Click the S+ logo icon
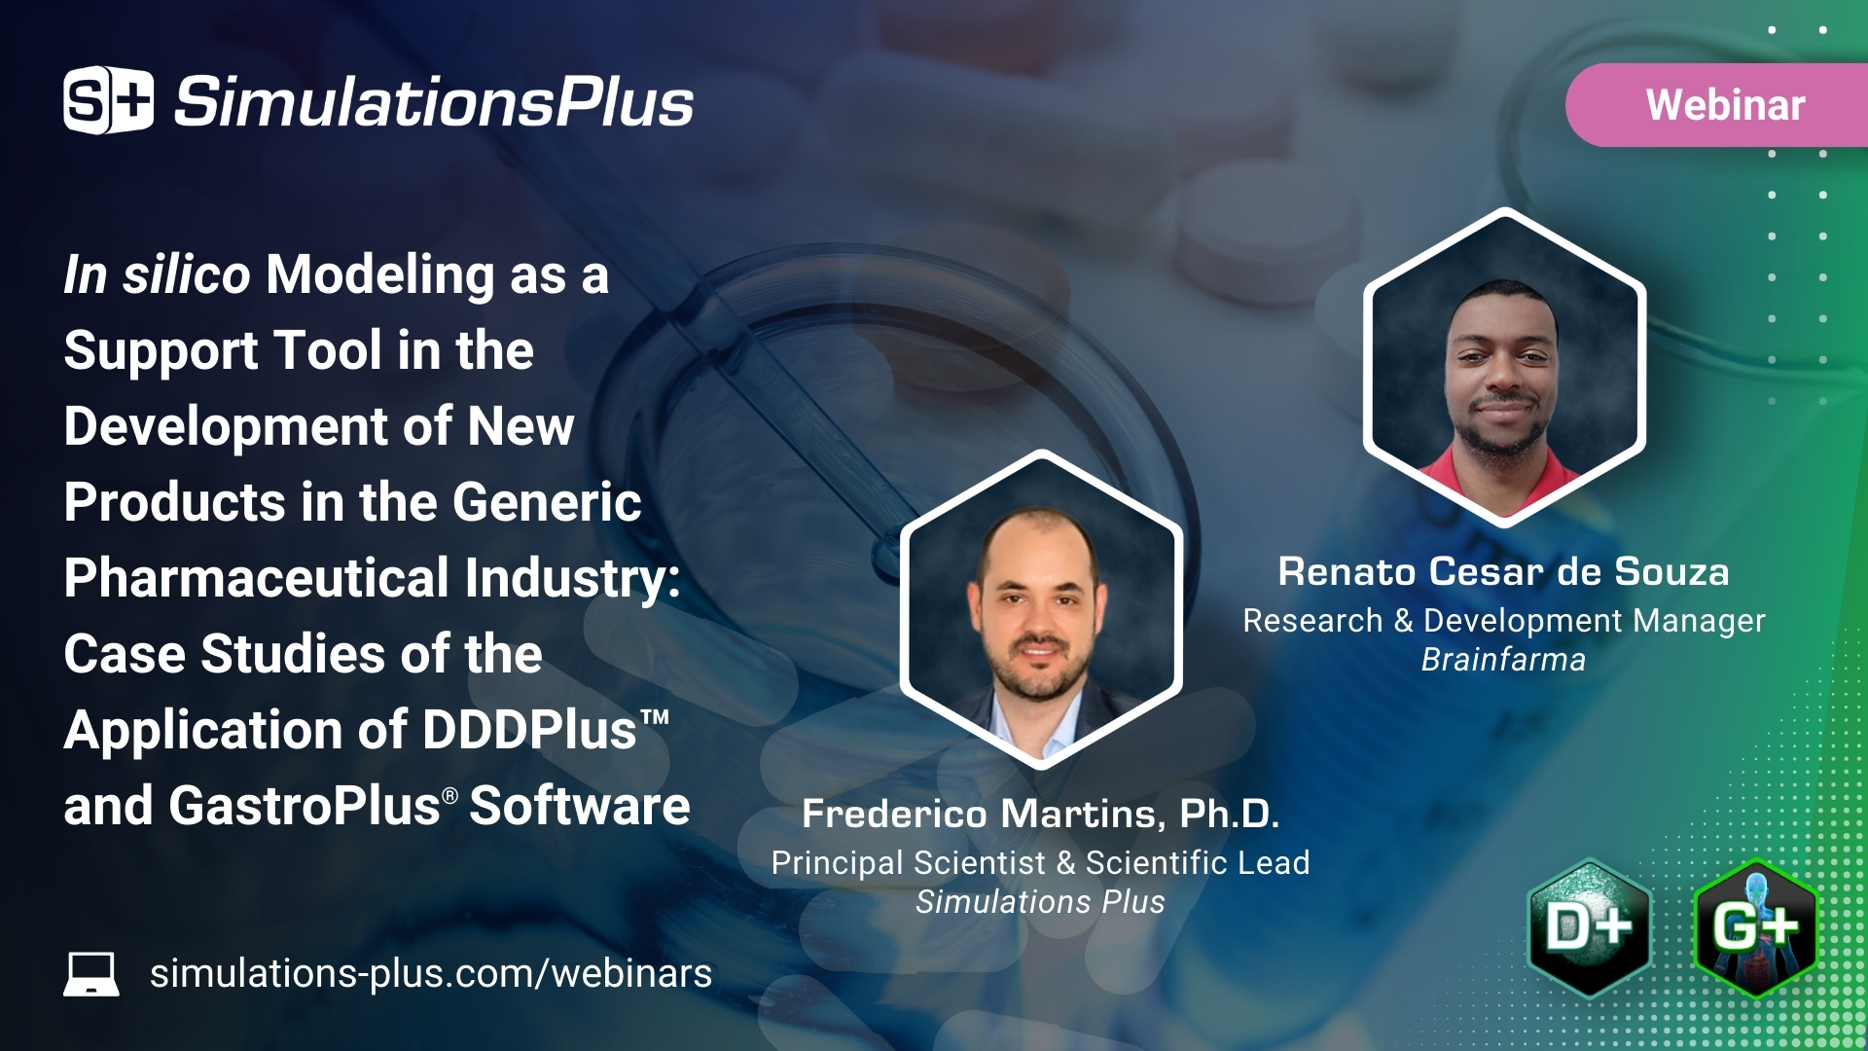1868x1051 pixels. (x=108, y=100)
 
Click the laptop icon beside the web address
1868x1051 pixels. (x=91, y=973)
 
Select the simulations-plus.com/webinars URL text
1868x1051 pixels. (x=430, y=973)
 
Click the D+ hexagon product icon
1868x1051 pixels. (x=1589, y=927)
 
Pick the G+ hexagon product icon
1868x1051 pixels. (x=1754, y=927)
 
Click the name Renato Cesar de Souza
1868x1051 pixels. (x=1503, y=571)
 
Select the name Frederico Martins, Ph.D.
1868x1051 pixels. (x=1040, y=814)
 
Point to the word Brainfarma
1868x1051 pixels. (x=1503, y=660)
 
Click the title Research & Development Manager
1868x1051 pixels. (x=1503, y=621)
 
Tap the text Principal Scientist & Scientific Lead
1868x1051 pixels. (x=1040, y=863)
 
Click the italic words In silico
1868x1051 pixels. (x=157, y=274)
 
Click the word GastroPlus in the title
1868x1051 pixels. (x=305, y=806)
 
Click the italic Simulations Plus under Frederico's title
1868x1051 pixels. (x=1040, y=902)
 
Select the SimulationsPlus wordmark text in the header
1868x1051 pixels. (x=433, y=102)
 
